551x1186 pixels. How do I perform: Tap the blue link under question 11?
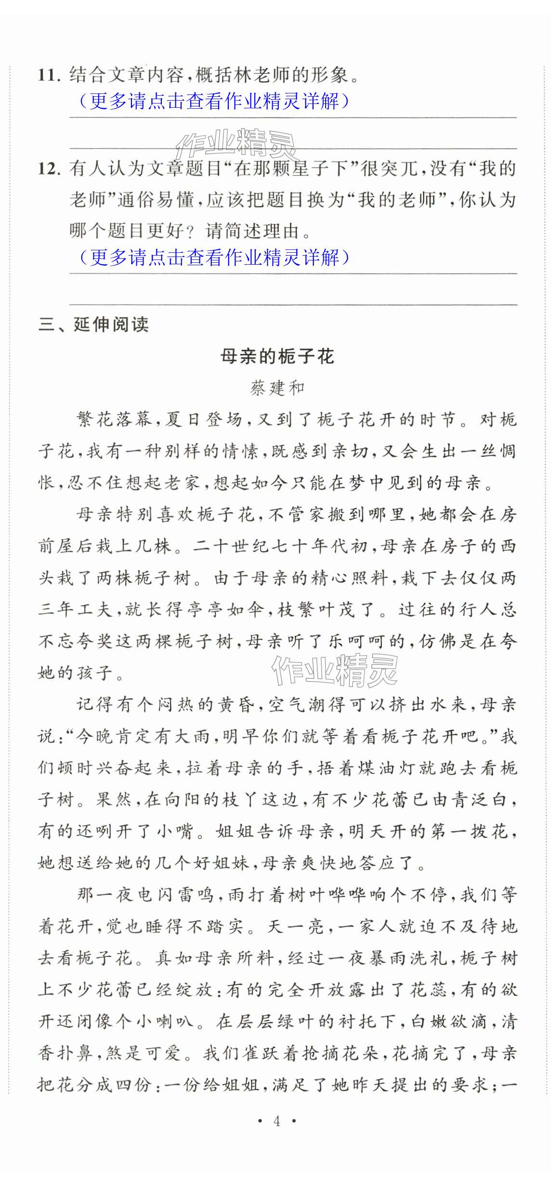214,101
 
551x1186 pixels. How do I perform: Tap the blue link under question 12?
214,258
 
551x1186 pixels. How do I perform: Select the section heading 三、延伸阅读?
94,325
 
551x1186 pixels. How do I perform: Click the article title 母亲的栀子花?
277,357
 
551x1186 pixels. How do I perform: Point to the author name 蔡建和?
277,388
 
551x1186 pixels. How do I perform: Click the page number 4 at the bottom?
276,1121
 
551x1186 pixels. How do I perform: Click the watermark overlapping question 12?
236,144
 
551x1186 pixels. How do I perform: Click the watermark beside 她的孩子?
334,670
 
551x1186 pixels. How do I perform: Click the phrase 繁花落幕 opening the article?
114,420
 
